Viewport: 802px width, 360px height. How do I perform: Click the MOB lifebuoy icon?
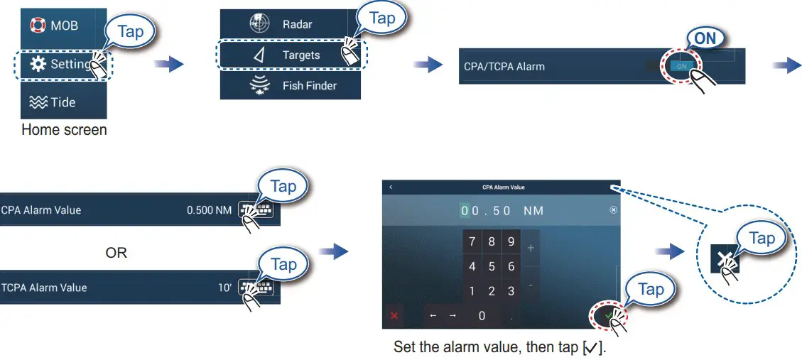point(38,26)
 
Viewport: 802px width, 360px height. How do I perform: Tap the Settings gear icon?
point(38,65)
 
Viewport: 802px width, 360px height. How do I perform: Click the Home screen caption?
point(64,130)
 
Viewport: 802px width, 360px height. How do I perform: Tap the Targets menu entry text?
point(301,55)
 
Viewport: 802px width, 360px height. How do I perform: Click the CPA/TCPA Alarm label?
point(504,67)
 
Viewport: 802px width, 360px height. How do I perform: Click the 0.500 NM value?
point(209,210)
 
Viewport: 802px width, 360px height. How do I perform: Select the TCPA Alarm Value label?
point(44,288)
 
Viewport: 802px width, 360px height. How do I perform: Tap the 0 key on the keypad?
point(482,315)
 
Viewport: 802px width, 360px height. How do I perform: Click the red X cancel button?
point(394,315)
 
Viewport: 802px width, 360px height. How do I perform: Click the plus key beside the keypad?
point(531,248)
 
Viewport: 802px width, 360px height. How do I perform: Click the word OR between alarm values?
point(116,253)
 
